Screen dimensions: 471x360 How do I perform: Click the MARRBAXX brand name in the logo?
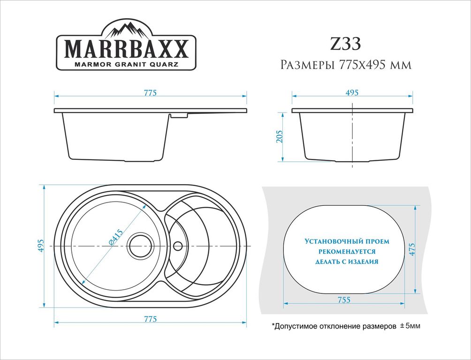click(x=127, y=48)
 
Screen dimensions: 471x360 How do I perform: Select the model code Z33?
click(x=345, y=44)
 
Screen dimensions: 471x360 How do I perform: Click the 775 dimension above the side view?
click(x=150, y=93)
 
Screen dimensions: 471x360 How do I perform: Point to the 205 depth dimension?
click(x=280, y=136)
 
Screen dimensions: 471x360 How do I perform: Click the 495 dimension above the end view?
click(x=352, y=93)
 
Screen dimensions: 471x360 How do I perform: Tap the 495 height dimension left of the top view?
click(x=41, y=246)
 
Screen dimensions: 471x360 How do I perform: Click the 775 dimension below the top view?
click(x=150, y=319)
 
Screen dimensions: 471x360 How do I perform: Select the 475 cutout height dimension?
click(x=412, y=249)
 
